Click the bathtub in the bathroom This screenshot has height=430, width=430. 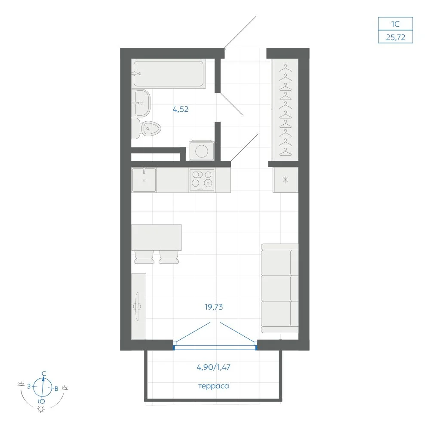point(169,74)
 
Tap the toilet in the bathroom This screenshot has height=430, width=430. point(146,128)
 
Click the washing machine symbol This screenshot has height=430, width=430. point(202,150)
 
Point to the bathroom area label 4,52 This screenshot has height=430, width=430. point(181,109)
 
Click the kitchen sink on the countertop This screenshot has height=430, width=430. point(144,180)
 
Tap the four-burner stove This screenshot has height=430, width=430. point(202,180)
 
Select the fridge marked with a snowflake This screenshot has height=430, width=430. point(286,180)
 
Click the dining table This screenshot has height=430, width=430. point(157,237)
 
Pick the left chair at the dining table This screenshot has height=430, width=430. point(144,257)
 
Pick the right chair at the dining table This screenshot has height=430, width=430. point(169,257)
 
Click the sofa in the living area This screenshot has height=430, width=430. point(280,288)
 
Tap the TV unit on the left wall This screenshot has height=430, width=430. point(139,306)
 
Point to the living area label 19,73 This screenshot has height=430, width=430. point(214,307)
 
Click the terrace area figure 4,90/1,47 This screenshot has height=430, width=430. point(214,367)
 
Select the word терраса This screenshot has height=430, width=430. point(214,386)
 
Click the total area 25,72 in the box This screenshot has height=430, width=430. point(396,37)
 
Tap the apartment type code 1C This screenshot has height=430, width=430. point(396,24)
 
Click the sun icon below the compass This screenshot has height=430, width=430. point(41,409)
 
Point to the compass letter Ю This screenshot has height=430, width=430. point(41,401)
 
